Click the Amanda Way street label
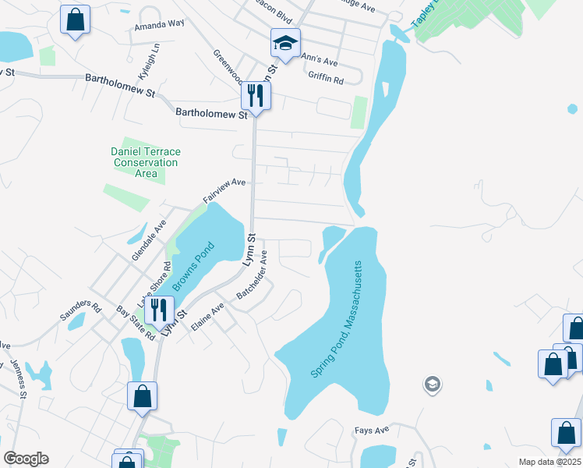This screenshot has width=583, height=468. (x=159, y=23)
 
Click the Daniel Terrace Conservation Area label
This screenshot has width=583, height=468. (x=145, y=162)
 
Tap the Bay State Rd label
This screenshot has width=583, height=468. (x=136, y=323)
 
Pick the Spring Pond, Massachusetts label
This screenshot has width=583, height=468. (x=337, y=320)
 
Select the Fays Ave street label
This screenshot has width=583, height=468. (x=372, y=430)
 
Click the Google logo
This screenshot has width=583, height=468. (x=26, y=459)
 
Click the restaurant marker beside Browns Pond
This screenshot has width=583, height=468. (x=158, y=310)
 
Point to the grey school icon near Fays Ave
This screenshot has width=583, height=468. (x=432, y=384)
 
